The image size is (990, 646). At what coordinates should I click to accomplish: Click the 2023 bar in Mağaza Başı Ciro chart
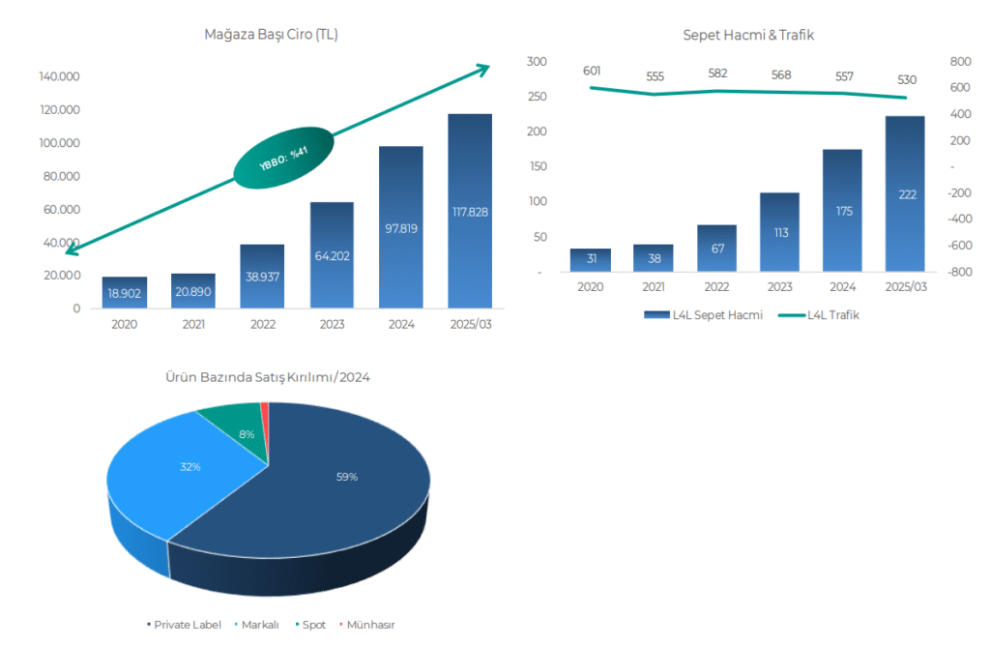(x=332, y=255)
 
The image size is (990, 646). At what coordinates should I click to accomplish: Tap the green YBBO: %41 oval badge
(x=283, y=156)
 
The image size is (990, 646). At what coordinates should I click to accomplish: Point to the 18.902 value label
(x=124, y=292)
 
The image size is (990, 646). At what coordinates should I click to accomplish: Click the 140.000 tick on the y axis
(x=59, y=76)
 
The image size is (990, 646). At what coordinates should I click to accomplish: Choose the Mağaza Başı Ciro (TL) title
(x=271, y=35)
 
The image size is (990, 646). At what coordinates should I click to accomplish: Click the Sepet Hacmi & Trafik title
(x=748, y=35)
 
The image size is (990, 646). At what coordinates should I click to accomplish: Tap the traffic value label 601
(x=593, y=71)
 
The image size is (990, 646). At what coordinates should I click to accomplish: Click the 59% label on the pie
(x=347, y=477)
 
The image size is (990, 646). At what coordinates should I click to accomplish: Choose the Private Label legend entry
(x=185, y=625)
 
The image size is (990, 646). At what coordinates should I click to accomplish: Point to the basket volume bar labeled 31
(x=590, y=260)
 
